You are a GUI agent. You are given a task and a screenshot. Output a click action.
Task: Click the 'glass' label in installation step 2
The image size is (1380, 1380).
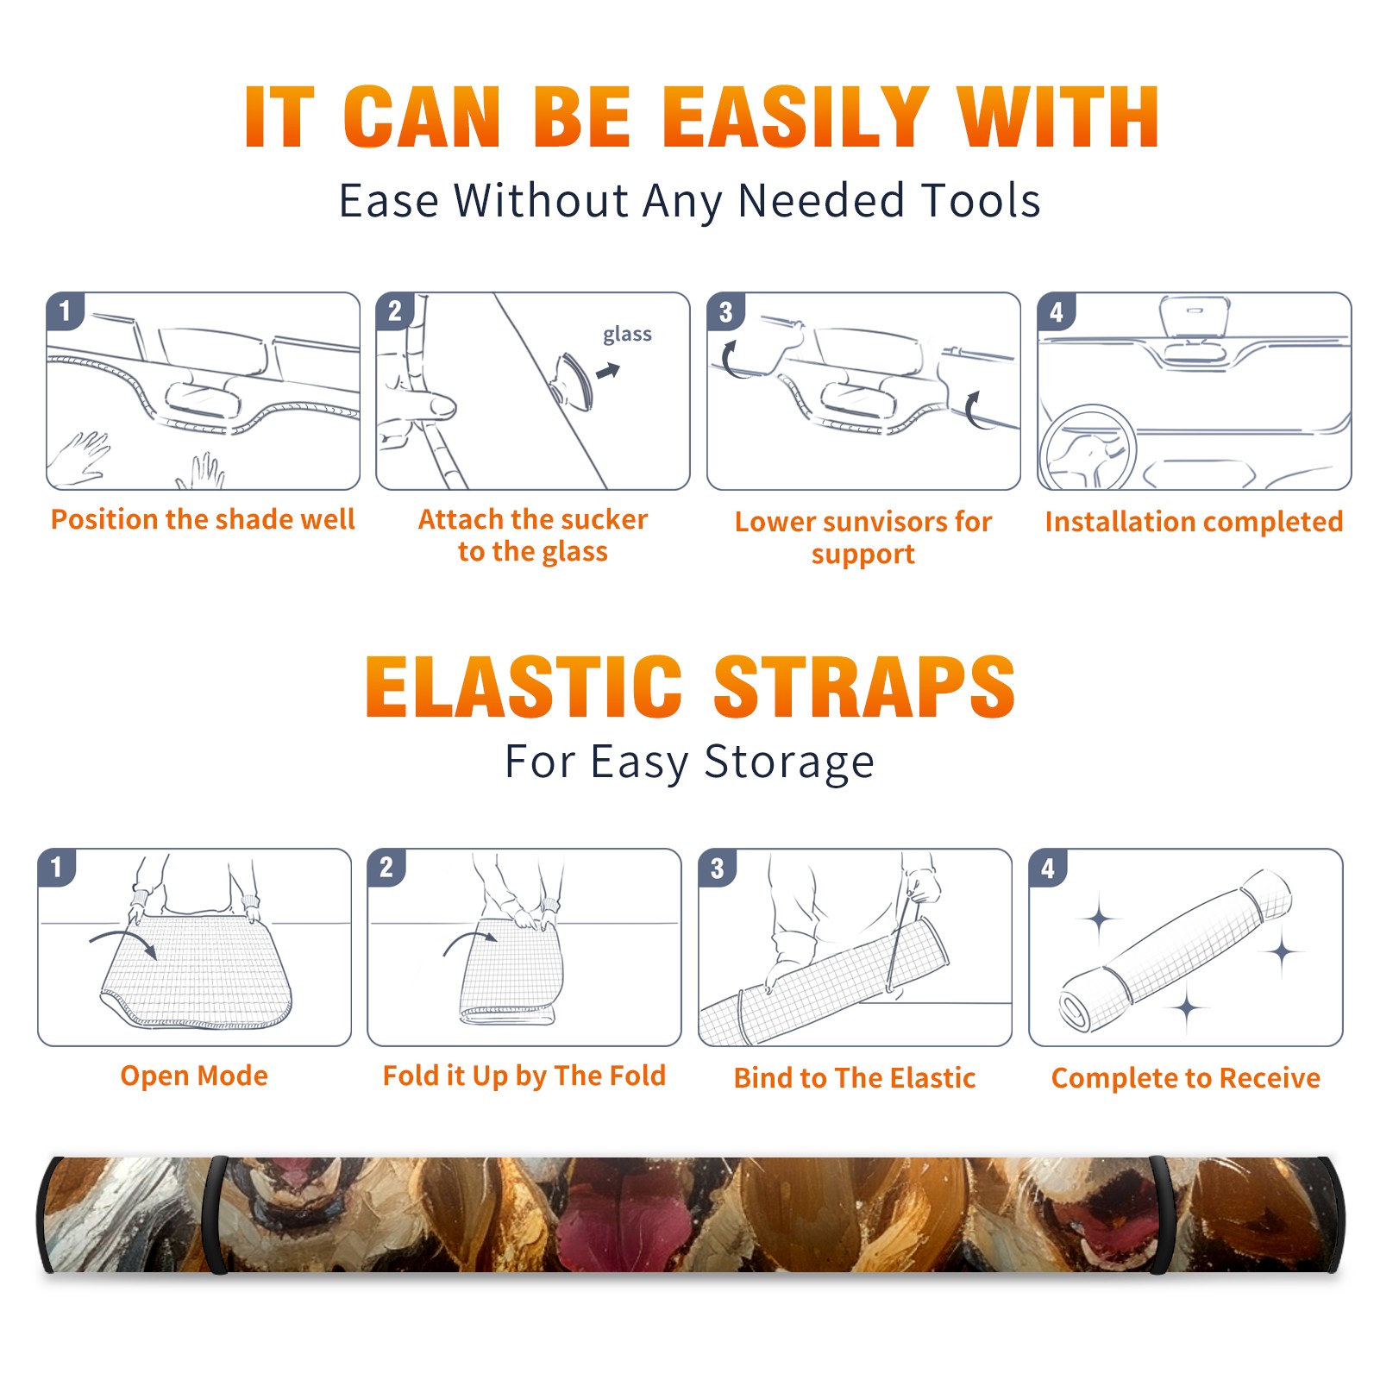[627, 335]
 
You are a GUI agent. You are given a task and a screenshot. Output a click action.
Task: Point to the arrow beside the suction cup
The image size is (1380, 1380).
[608, 371]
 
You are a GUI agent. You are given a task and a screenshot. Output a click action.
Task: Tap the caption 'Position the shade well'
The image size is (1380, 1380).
[203, 519]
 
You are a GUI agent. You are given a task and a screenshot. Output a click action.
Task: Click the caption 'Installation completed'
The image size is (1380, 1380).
[1195, 521]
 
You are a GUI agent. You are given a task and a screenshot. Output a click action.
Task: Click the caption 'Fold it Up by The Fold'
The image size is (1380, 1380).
[524, 1076]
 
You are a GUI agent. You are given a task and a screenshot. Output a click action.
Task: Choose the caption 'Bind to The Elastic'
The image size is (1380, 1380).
[855, 1078]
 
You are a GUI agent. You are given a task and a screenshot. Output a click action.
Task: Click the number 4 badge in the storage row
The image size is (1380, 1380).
[1048, 868]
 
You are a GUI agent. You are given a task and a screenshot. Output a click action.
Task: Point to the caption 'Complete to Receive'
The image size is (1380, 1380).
[1186, 1078]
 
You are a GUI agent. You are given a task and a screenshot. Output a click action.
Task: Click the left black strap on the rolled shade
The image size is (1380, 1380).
[215, 1215]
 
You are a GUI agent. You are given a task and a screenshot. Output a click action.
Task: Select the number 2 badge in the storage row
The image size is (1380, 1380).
[386, 868]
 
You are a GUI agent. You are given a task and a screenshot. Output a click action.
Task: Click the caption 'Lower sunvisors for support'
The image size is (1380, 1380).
[863, 537]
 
